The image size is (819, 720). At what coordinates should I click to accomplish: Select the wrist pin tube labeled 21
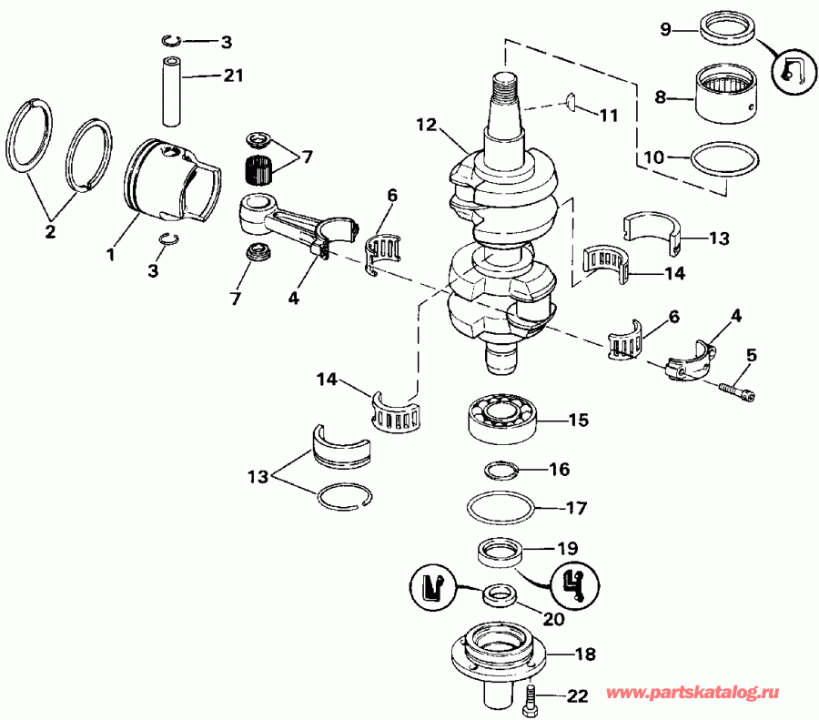point(170,90)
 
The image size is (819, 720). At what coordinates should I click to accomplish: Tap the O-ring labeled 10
point(724,162)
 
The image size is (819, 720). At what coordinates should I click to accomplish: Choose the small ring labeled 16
point(500,471)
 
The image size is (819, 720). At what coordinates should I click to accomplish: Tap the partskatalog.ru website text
point(713,694)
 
